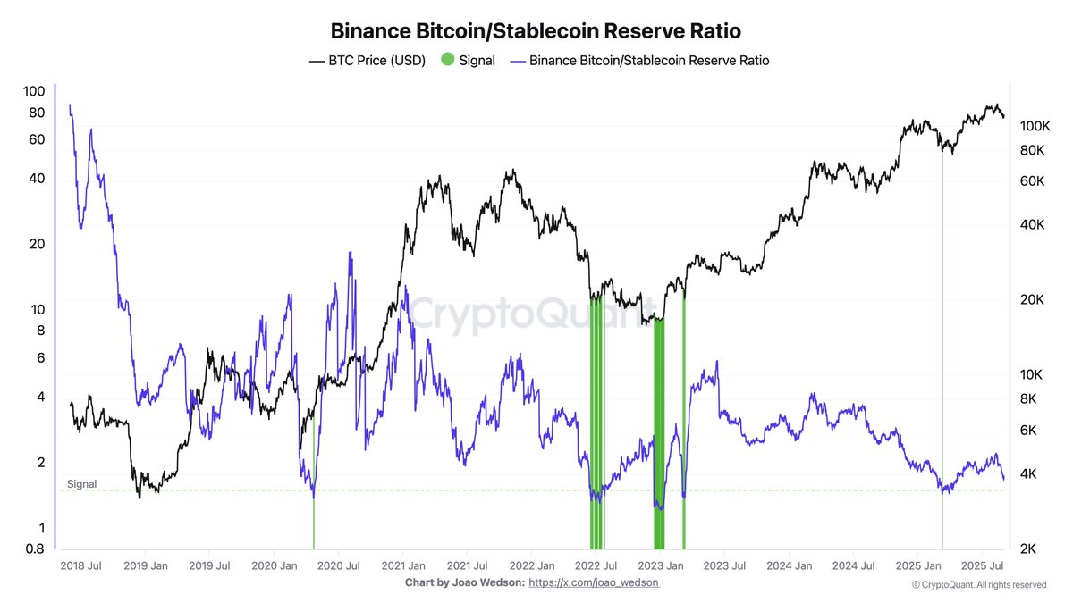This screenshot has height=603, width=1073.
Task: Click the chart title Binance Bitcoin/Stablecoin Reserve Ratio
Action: [536, 30]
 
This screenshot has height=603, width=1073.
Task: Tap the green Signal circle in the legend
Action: [447, 61]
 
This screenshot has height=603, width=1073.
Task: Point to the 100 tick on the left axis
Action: [34, 91]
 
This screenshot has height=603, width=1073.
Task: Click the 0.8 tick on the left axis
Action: [34, 549]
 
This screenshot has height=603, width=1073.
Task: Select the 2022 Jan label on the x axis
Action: [534, 565]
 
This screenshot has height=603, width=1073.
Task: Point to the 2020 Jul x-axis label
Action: [338, 565]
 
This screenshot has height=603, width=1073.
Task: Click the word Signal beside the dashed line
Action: [81, 484]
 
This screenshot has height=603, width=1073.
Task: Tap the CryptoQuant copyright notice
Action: [978, 585]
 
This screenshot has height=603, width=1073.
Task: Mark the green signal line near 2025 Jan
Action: [942, 357]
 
